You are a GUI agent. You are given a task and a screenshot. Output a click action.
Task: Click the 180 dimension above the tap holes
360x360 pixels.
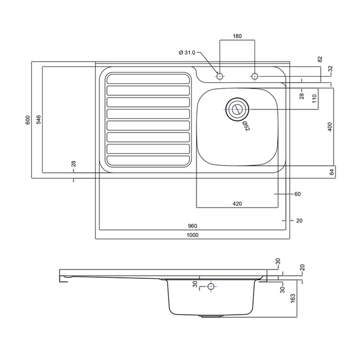click(x=237, y=36)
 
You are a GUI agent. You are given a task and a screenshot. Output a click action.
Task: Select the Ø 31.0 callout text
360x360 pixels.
click(x=187, y=53)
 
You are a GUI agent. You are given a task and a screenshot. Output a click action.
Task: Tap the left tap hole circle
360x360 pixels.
click(x=220, y=76)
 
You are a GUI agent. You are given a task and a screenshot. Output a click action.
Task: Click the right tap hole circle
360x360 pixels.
click(x=255, y=76)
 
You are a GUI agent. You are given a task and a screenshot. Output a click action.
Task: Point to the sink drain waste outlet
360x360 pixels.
click(x=237, y=109)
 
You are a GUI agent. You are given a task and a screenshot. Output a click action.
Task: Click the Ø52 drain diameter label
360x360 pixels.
click(x=246, y=126)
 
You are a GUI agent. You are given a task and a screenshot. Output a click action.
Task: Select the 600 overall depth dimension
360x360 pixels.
click(x=27, y=120)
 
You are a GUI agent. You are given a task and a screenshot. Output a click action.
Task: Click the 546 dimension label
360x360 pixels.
click(x=39, y=120)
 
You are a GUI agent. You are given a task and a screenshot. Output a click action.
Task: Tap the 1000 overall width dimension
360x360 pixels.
click(x=193, y=235)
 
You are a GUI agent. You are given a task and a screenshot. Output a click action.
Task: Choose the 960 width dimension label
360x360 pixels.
click(x=193, y=226)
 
